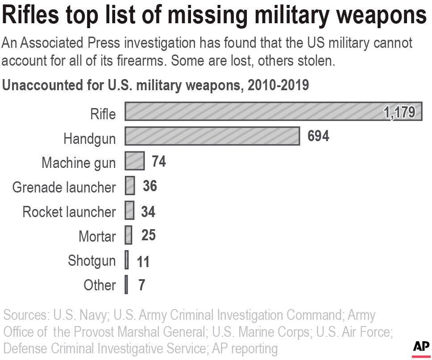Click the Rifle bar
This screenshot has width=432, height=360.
pos(250,112)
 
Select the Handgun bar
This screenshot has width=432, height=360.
pos(212,136)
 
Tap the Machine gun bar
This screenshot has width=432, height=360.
pos(135,161)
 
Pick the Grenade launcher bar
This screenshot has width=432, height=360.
pos(130,186)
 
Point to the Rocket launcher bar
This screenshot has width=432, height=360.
pos(129,210)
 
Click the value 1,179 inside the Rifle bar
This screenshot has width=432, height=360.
pos(399,112)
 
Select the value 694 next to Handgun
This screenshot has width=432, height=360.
pos(318,136)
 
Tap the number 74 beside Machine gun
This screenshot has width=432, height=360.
pos(158,161)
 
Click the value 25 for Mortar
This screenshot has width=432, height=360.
pos(148,235)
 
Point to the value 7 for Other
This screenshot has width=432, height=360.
pos(141,285)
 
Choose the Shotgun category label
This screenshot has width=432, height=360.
pos(91,260)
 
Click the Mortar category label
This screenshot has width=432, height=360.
pos(97,236)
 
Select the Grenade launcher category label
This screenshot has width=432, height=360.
pos(64,187)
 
